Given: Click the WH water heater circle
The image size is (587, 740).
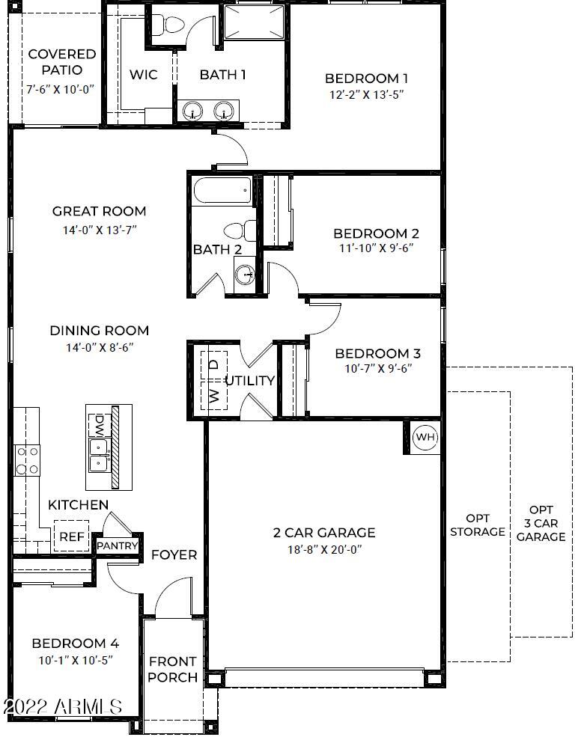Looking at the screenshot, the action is (x=425, y=437).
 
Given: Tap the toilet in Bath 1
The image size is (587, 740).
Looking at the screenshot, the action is (x=169, y=24).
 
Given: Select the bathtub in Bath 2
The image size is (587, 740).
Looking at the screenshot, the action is (x=222, y=190).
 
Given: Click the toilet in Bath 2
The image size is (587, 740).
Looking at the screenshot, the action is (x=240, y=231).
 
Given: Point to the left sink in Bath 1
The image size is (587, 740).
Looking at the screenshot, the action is (x=192, y=111).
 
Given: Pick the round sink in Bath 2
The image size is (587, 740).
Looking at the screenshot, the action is (x=245, y=274).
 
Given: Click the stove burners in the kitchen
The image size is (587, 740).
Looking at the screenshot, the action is (x=27, y=460).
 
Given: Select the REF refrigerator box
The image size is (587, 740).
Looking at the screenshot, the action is (x=71, y=536).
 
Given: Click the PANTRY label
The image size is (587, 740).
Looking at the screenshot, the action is (x=117, y=545).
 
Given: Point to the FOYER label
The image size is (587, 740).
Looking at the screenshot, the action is (x=174, y=554).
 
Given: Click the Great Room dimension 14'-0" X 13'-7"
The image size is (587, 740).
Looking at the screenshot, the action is (x=100, y=230).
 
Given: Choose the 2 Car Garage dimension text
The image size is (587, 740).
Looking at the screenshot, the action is (x=324, y=549).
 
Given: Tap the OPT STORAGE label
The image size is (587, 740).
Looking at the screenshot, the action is (x=478, y=525).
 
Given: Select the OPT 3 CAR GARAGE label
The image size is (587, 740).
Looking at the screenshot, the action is (x=541, y=523).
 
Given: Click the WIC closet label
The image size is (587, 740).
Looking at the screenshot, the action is (x=144, y=75).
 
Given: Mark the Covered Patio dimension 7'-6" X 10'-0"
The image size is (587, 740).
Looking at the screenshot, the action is (x=60, y=89).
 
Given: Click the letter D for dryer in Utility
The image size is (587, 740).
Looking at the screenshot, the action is (x=214, y=364).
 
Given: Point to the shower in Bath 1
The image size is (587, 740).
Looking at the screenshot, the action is (x=254, y=22).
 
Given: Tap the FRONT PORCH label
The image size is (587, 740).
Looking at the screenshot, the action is (x=172, y=669).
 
